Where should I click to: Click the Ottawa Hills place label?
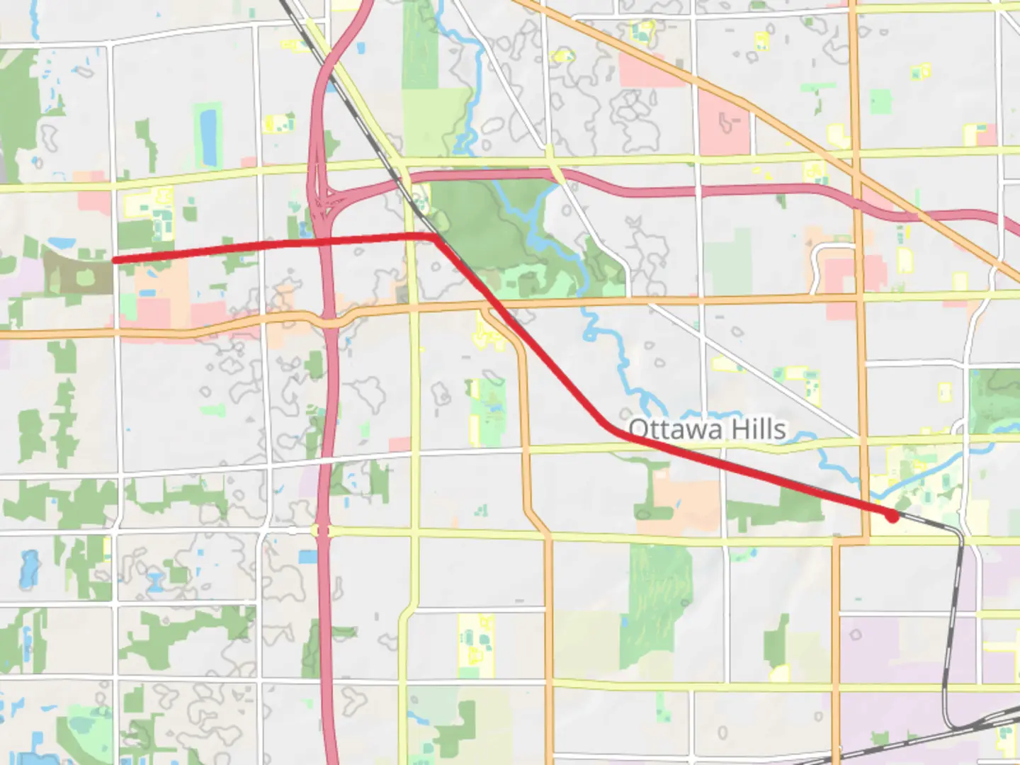tap(707, 429)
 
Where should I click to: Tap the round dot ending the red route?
tap(892, 517)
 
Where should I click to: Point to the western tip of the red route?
tap(115, 261)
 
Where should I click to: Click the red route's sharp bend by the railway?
tap(433, 237)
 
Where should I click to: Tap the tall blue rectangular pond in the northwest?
tap(209, 135)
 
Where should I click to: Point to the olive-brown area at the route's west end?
tap(78, 273)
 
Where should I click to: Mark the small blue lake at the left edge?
tap(29, 567)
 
